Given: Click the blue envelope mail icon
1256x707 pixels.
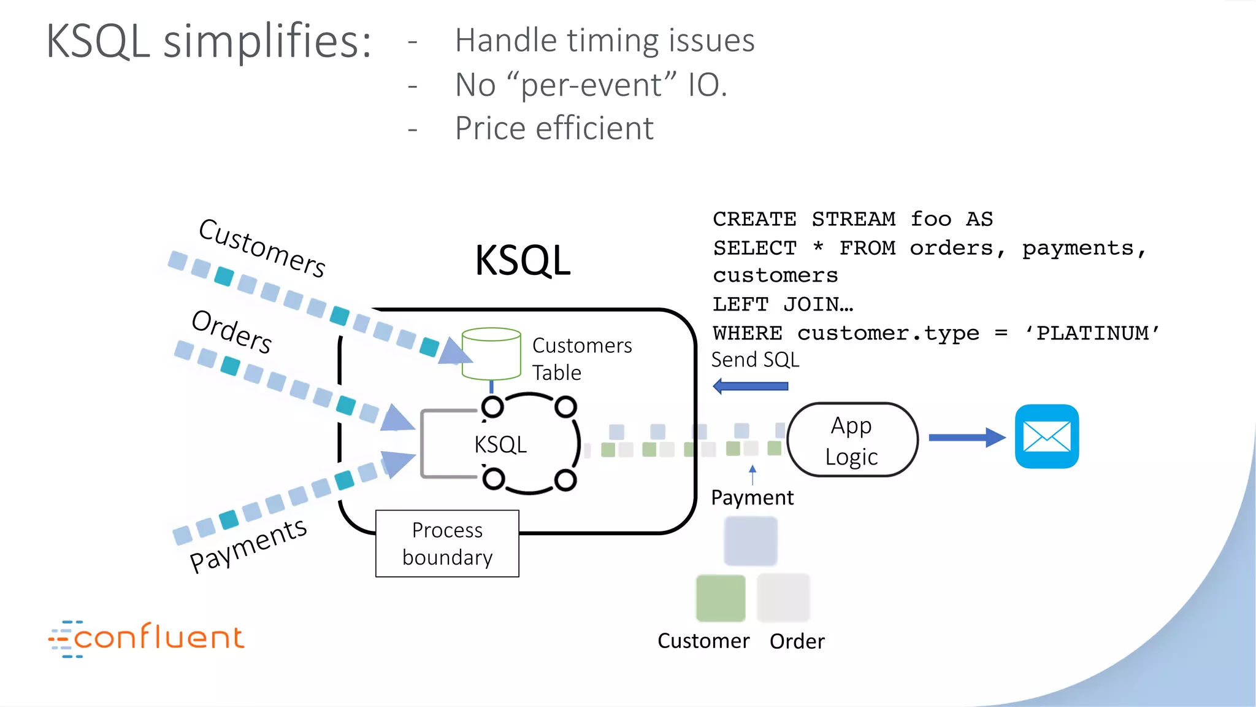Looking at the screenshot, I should pyautogui.click(x=1046, y=436).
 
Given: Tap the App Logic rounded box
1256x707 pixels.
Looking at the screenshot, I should pyautogui.click(x=852, y=440).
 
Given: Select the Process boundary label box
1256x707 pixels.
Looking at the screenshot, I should pyautogui.click(x=447, y=544).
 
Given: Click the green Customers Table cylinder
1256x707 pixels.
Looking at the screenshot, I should pyautogui.click(x=491, y=353).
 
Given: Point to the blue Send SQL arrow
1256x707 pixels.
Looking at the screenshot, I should pyautogui.click(x=751, y=386).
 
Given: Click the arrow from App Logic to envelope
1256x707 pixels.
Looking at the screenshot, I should pyautogui.click(x=967, y=438).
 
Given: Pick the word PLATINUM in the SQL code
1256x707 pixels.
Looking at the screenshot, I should pyautogui.click(x=1092, y=333).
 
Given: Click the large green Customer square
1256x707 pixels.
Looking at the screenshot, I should pyautogui.click(x=721, y=598).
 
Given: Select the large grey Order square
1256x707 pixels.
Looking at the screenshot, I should pyautogui.click(x=783, y=598).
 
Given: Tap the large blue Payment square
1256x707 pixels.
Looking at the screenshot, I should pyautogui.click(x=750, y=541).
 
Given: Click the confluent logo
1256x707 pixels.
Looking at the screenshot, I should pyautogui.click(x=147, y=638).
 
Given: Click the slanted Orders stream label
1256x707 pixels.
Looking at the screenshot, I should pyautogui.click(x=232, y=331).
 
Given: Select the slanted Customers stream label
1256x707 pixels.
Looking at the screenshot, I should pyautogui.click(x=262, y=247).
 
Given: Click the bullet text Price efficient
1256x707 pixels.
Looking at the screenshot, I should pyautogui.click(x=554, y=128).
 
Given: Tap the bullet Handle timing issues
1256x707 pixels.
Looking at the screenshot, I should pyautogui.click(x=604, y=41).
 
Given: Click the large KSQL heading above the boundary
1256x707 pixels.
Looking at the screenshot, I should pyautogui.click(x=523, y=260).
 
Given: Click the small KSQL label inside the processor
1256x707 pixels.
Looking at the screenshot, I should pyautogui.click(x=500, y=444).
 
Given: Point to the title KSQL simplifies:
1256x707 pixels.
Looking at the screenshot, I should pyautogui.click(x=209, y=41).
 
